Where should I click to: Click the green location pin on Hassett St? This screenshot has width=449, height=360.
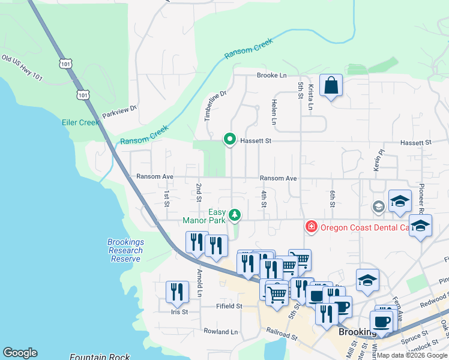point(229,139)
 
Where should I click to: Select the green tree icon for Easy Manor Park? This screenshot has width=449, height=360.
point(235,215)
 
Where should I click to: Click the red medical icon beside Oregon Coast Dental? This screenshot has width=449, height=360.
point(311,227)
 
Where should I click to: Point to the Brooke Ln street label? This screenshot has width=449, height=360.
point(271,76)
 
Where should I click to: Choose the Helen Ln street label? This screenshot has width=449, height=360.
point(274,112)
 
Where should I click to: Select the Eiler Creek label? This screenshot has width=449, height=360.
point(80,122)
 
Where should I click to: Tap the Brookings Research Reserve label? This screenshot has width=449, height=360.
point(125,250)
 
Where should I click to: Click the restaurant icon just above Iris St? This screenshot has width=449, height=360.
point(177,292)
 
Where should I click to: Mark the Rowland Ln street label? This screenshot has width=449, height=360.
point(220,331)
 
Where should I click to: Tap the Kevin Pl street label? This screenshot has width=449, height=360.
point(376,161)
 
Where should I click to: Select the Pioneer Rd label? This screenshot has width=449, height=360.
point(421,198)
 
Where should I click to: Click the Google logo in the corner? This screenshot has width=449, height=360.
point(20,353)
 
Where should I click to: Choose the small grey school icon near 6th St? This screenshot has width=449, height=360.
point(378,207)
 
